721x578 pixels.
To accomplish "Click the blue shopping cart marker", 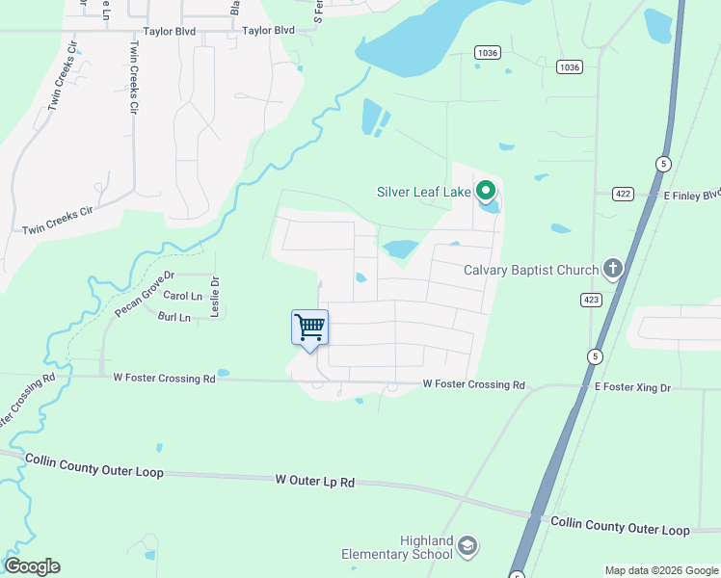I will (x=309, y=328).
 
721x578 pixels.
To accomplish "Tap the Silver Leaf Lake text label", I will (x=423, y=192).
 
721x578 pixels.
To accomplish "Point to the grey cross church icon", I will (x=612, y=267).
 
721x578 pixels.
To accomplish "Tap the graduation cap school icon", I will (x=467, y=546).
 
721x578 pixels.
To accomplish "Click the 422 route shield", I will (x=623, y=194).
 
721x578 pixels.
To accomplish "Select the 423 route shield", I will (x=591, y=300).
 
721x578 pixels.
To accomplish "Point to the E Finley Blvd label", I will (x=691, y=194).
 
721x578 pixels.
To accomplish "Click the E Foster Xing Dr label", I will (x=631, y=386).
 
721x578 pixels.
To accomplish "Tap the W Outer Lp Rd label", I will (x=315, y=479).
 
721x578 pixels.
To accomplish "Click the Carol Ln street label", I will (x=183, y=296).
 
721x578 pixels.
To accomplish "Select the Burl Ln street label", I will (x=175, y=316).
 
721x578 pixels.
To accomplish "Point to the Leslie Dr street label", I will (x=216, y=298).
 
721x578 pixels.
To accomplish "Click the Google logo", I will (x=32, y=566).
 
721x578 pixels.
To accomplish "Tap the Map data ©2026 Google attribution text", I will (x=661, y=570).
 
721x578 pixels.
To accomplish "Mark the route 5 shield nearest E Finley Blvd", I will (x=663, y=164).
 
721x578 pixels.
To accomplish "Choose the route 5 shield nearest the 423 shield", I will (x=597, y=356).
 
